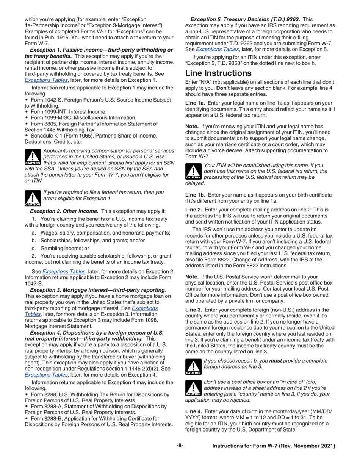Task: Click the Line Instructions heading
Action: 218,73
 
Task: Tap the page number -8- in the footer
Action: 180,446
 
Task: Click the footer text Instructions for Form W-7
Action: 274,446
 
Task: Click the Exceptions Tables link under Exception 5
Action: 217,49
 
